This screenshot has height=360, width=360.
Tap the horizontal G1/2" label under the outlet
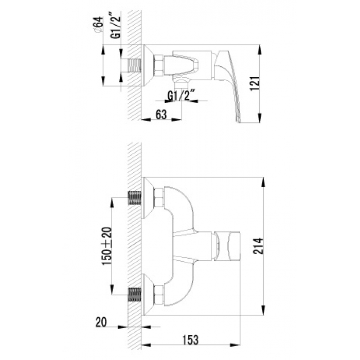click(x=181, y=96)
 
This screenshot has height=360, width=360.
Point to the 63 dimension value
click(x=161, y=114)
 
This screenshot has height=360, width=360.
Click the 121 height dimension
click(x=255, y=83)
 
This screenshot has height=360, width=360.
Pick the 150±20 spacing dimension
click(x=107, y=246)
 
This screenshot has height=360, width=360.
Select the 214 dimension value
click(x=258, y=246)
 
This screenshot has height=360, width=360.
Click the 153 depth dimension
click(x=190, y=340)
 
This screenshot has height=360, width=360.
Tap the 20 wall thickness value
click(x=101, y=322)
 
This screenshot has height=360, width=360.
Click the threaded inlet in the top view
click(x=134, y=65)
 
